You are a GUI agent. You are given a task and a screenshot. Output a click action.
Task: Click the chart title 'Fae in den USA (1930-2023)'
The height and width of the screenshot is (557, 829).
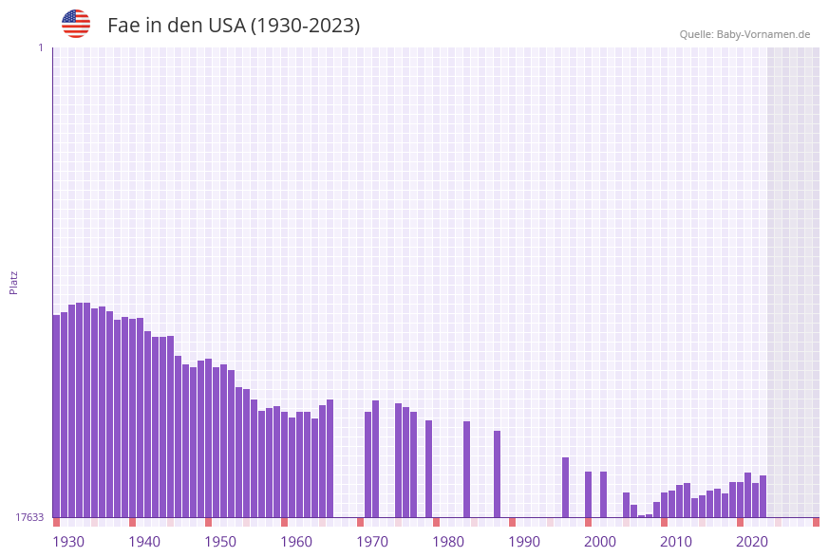point(234,26)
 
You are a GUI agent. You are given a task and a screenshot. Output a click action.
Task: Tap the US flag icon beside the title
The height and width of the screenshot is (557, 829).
point(76,24)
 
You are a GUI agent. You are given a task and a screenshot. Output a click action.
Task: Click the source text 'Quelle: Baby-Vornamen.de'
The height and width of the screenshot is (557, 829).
point(744,34)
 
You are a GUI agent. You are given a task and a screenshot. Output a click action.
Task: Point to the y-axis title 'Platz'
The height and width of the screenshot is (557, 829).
point(14,282)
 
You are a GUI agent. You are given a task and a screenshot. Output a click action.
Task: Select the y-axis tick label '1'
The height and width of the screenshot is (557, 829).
point(40,47)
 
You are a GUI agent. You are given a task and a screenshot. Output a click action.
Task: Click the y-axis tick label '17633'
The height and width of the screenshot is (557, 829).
point(28,517)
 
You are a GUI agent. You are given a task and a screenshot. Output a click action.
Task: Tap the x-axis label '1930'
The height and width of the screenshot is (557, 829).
point(68,541)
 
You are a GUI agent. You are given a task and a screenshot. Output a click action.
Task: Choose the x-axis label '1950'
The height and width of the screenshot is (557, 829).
point(220,541)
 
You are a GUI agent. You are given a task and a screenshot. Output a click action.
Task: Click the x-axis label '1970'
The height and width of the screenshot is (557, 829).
point(372,541)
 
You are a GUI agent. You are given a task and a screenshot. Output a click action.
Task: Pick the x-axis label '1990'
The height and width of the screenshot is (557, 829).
point(524,541)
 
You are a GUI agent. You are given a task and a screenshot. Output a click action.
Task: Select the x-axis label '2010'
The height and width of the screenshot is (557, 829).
point(676,541)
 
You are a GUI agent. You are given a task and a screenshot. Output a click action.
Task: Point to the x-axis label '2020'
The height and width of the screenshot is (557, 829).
point(752,541)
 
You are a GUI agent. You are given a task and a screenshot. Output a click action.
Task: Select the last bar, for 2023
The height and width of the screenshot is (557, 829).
point(763,496)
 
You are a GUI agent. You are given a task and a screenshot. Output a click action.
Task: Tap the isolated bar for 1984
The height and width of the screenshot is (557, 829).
point(466,469)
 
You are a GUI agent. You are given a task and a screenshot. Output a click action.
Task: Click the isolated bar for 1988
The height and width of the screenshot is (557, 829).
point(497,473)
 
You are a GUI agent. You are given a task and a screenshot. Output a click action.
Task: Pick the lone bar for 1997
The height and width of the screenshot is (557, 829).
point(565,487)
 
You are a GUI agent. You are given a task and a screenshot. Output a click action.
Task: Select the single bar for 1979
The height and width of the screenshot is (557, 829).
point(428,469)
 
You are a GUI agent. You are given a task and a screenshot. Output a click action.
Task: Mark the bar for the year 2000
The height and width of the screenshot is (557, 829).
point(588,494)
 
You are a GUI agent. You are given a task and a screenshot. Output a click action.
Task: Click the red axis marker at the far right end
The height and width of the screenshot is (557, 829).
point(816,522)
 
